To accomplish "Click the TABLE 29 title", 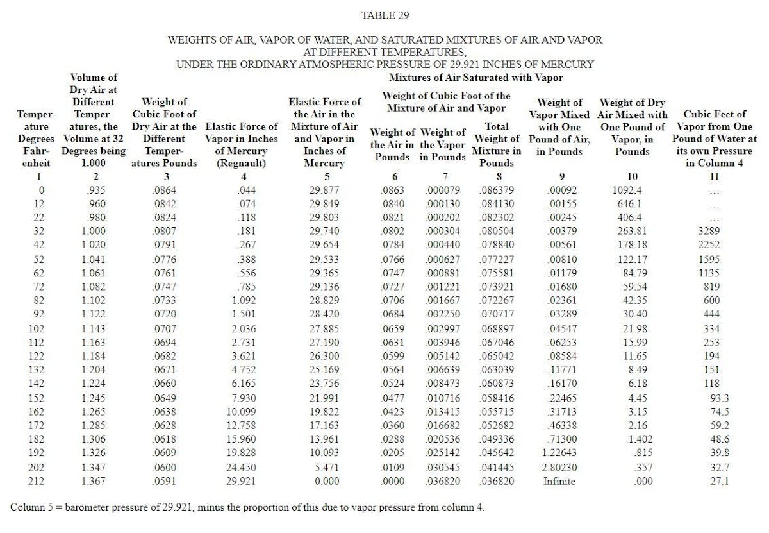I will tap(384, 15).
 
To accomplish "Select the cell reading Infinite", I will tap(559, 481).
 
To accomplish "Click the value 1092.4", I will tap(628, 190).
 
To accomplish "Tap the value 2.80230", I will tap(559, 468).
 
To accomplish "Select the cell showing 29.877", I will tap(329, 190).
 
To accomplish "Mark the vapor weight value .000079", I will tap(445, 190).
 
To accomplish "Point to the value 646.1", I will tap(628, 204).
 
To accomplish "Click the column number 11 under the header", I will tap(714, 176).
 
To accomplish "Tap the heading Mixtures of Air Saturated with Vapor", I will tap(476, 78).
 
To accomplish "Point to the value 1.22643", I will tap(559, 453).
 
